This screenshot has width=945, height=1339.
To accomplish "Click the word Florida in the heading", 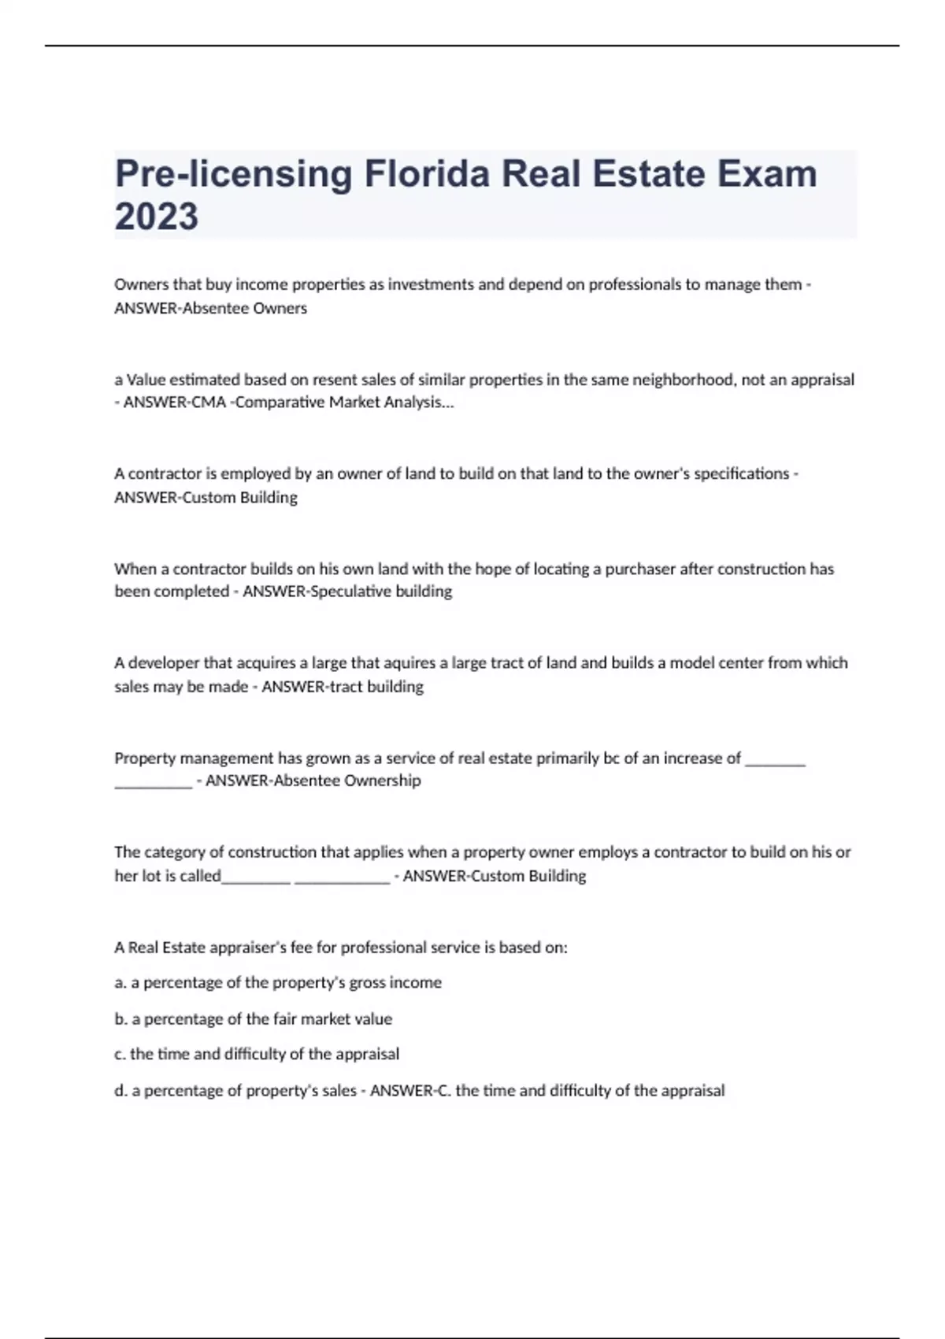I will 427,174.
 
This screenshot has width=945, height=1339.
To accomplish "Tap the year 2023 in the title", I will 156,217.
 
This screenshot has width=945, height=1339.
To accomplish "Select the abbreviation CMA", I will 208,402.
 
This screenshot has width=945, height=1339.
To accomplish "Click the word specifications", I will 741,473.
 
